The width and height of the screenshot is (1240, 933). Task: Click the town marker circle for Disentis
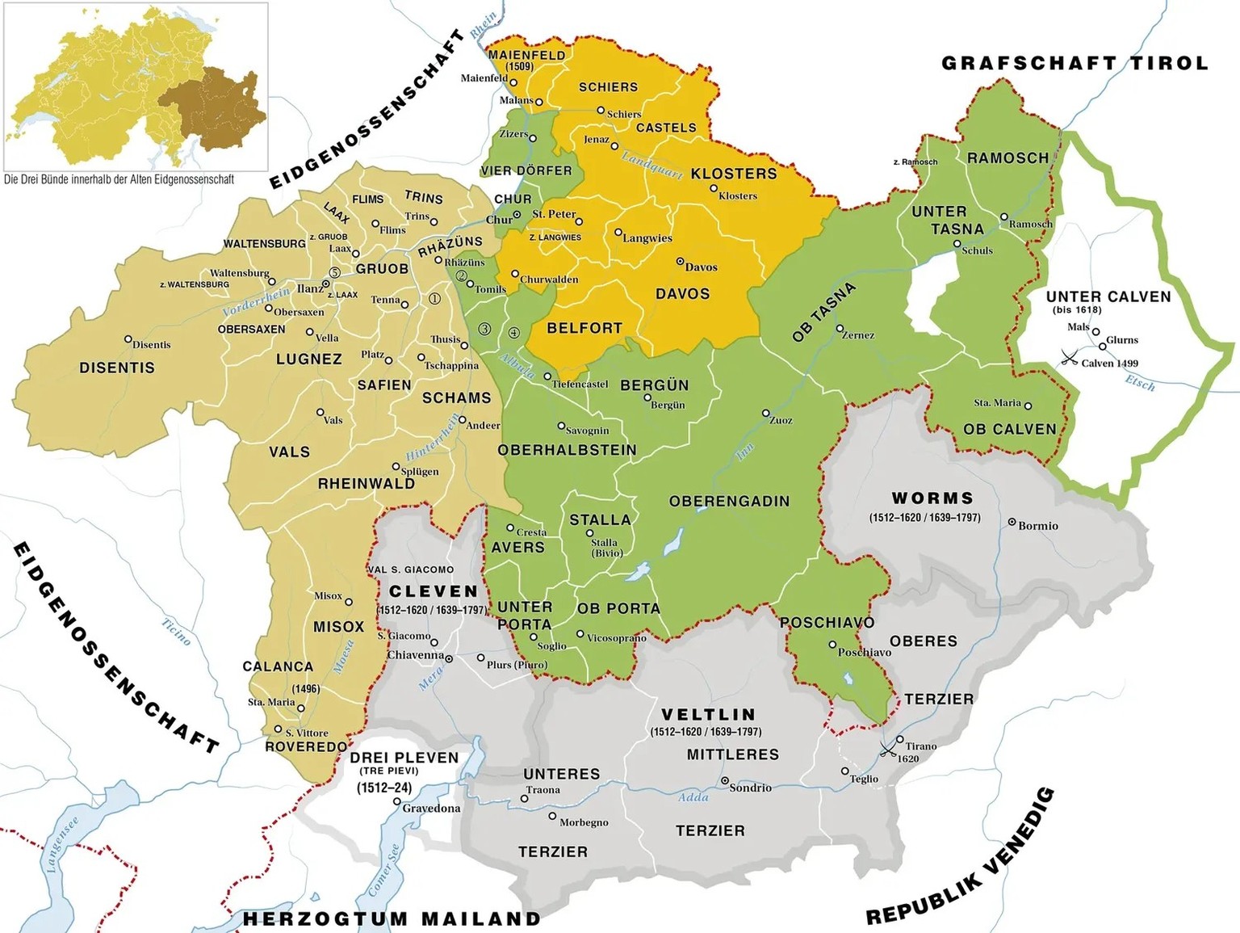click(x=128, y=340)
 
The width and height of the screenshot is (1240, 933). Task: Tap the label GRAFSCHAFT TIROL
click(x=1075, y=63)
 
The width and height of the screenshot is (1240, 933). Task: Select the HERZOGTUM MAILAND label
click(x=392, y=918)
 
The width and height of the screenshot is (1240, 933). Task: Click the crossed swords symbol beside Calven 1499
click(x=1070, y=358)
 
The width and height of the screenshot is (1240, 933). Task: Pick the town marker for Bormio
click(x=1012, y=523)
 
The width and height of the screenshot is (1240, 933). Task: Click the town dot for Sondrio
click(x=725, y=781)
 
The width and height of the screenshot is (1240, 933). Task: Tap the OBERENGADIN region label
click(x=729, y=502)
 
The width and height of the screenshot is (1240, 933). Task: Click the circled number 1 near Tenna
click(x=434, y=299)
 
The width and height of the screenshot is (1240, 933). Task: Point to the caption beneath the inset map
click(x=119, y=179)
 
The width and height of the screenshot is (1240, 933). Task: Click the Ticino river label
click(x=176, y=632)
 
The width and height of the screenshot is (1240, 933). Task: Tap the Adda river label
click(x=693, y=797)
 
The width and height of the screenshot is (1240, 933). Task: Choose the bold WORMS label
click(x=932, y=498)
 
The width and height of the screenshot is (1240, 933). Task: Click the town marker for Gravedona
click(x=397, y=802)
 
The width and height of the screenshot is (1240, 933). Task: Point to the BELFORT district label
click(x=584, y=328)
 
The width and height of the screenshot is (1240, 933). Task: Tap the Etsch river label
click(x=1140, y=383)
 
